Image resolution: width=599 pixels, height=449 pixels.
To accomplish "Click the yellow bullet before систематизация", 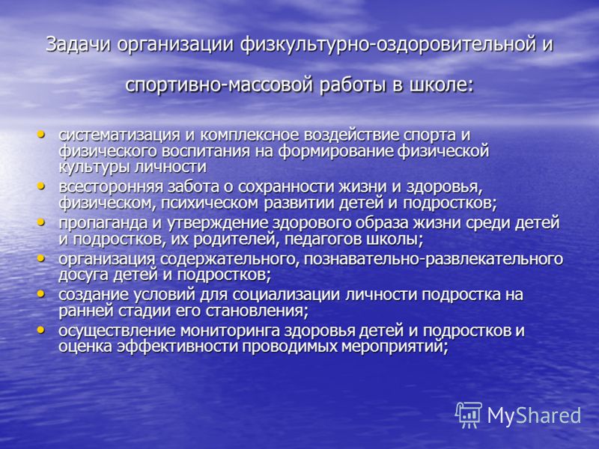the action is coord(40,134).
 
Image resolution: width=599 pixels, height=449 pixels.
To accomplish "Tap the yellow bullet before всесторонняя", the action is coord(40,186).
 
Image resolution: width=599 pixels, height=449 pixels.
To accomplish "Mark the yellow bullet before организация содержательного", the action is coord(40,258).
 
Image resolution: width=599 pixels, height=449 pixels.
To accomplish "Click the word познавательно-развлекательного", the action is coord(434,259).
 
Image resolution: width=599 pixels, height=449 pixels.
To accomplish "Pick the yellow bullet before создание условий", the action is coord(40,294).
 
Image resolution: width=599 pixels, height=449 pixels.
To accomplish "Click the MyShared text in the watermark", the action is coord(534,415).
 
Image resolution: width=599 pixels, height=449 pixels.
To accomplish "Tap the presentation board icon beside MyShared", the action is coord(469,415).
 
